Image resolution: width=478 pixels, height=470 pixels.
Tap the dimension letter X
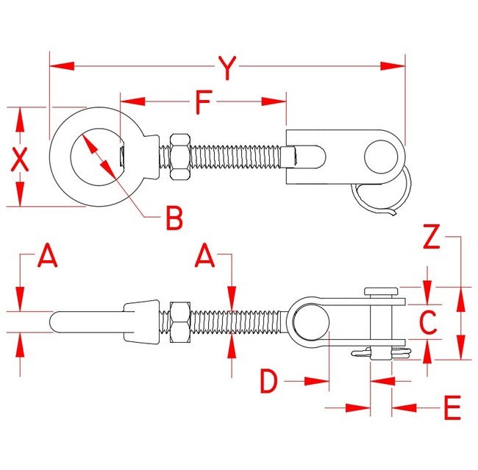point(21,159)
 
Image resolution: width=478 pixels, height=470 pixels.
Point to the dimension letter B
point(174,218)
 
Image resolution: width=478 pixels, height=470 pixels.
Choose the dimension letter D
point(271,382)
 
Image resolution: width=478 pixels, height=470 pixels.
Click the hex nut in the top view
point(179,157)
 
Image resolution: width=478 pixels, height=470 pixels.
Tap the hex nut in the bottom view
point(179,322)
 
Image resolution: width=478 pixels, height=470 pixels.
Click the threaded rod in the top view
point(235,157)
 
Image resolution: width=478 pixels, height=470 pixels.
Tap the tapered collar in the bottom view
point(144,322)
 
